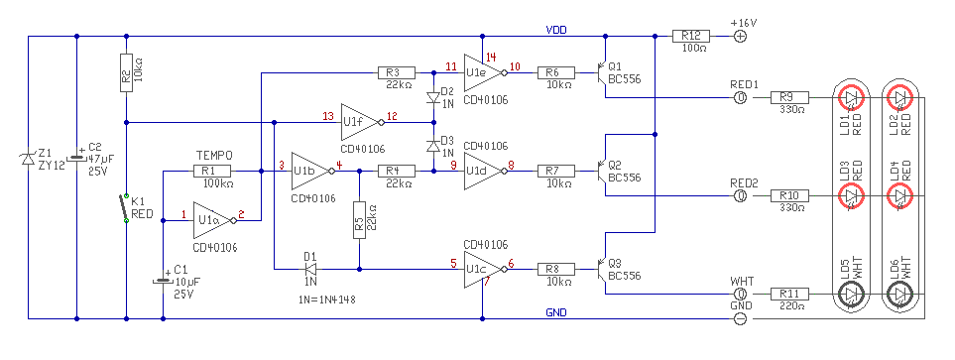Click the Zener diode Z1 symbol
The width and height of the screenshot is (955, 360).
click(x=28, y=159)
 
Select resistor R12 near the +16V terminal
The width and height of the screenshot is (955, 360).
click(x=690, y=36)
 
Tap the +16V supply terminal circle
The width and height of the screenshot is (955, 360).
click(x=740, y=36)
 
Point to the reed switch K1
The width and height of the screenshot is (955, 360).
click(x=126, y=207)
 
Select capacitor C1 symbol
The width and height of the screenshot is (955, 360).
click(x=163, y=281)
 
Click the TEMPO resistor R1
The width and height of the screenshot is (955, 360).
click(x=212, y=172)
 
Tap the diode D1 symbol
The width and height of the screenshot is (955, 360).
click(x=310, y=269)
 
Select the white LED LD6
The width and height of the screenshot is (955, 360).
click(x=899, y=295)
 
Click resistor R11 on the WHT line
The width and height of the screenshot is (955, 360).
click(x=790, y=294)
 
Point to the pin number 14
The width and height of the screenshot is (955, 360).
click(x=491, y=58)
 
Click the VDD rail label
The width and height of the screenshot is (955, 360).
click(x=556, y=29)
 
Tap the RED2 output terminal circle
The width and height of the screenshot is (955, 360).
click(x=741, y=196)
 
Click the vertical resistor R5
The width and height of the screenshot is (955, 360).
click(x=359, y=220)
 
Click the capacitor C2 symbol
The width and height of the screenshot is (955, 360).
click(x=76, y=158)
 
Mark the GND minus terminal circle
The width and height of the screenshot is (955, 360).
click(x=740, y=318)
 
